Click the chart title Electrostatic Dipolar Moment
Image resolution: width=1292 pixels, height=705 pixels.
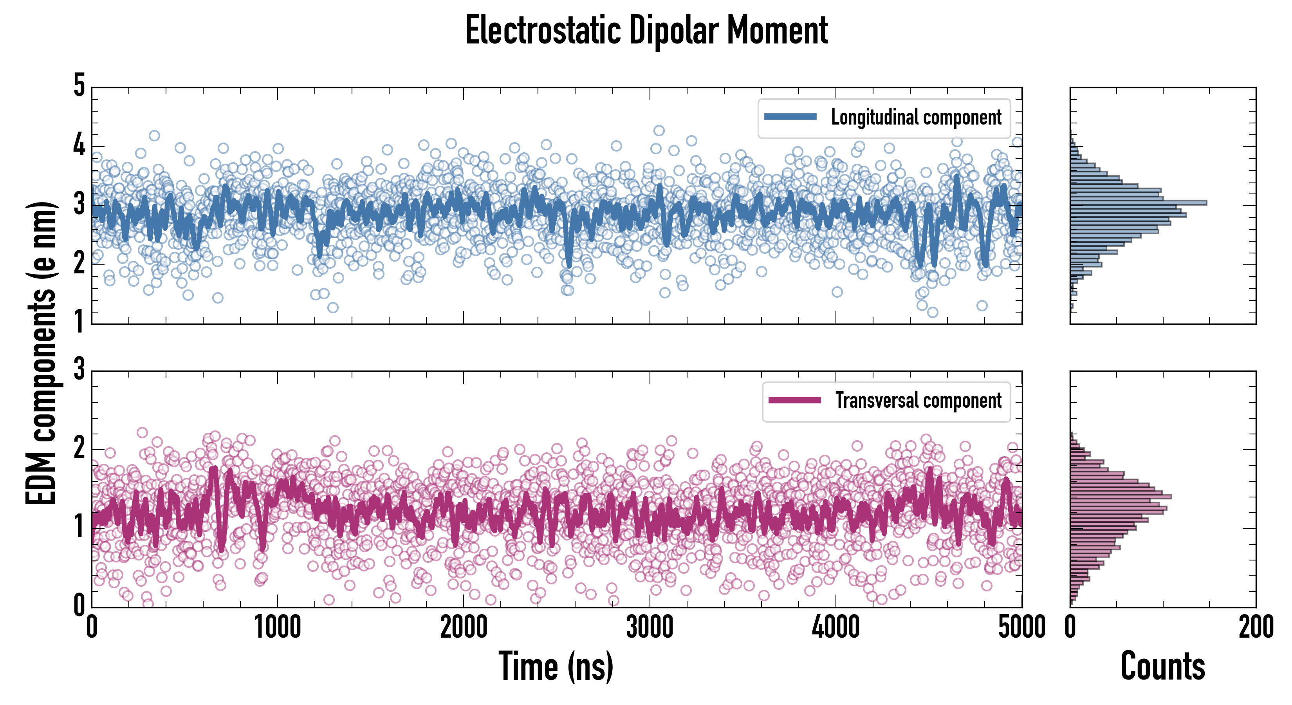(646, 31)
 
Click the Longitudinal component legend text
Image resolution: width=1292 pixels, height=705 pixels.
(916, 117)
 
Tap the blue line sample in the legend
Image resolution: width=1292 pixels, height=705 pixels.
(790, 117)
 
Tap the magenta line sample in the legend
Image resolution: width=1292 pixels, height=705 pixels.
(794, 400)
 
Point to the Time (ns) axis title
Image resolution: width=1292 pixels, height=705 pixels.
(556, 666)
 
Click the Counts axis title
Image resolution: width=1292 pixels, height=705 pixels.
(1162, 666)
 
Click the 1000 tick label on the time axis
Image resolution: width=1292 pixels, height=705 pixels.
(277, 627)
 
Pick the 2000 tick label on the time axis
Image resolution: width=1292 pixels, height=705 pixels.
(464, 627)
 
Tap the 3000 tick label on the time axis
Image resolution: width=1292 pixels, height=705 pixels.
(650, 627)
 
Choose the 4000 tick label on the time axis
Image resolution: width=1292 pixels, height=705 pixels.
(835, 627)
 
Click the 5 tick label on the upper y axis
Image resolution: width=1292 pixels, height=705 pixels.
(79, 86)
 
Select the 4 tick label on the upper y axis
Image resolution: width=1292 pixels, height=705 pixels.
(79, 146)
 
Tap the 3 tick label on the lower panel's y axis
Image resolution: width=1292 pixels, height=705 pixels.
(79, 369)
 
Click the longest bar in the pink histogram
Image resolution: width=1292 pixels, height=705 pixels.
(1121, 497)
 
